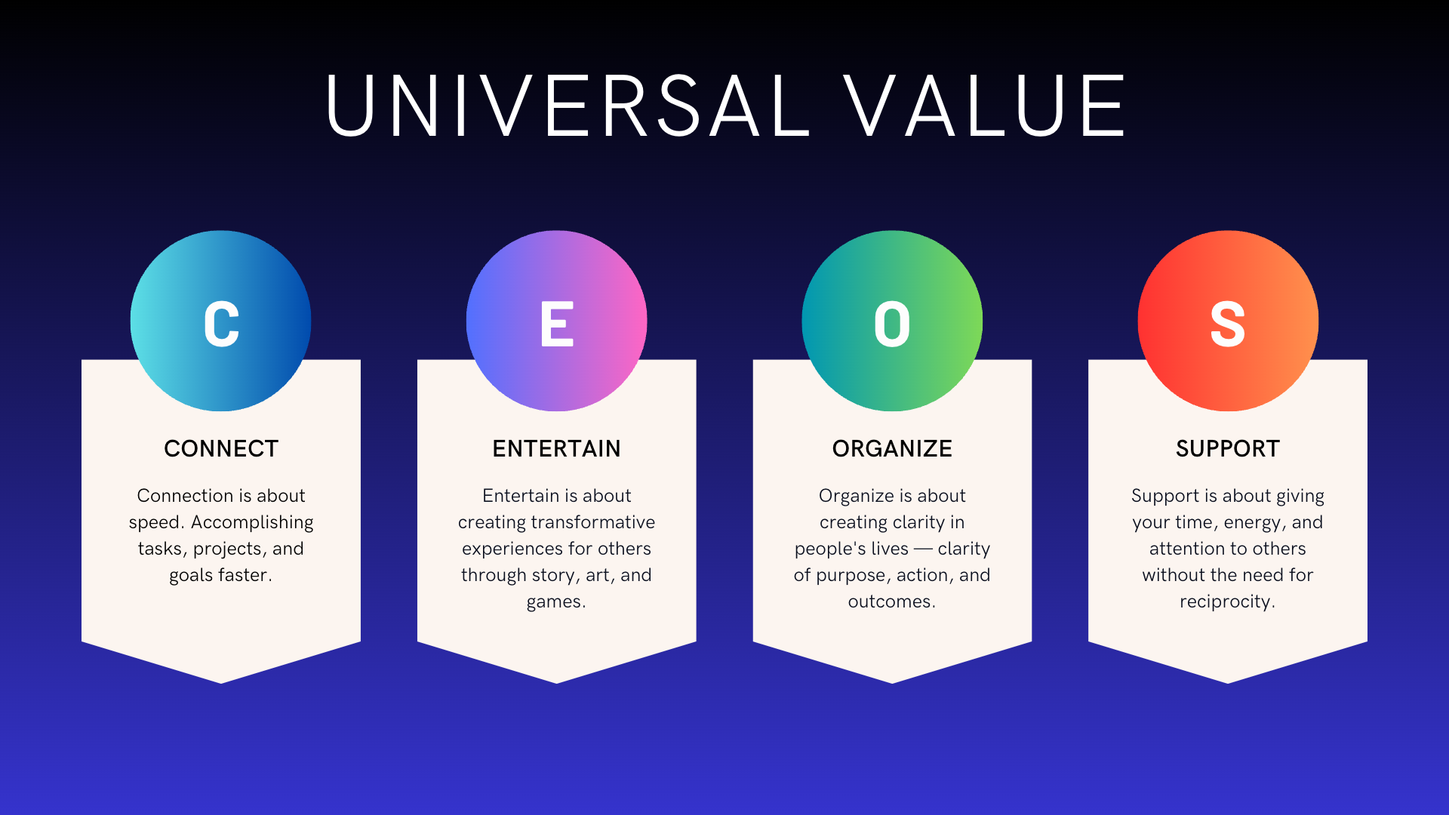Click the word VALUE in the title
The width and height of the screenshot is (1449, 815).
(984, 106)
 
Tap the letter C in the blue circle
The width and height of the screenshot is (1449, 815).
(221, 324)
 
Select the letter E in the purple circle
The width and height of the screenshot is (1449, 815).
(557, 324)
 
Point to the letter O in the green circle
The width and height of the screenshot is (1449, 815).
(892, 324)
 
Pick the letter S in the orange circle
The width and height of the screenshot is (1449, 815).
(1228, 324)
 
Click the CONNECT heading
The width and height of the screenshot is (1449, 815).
(221, 449)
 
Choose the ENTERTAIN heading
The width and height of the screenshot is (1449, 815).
(556, 449)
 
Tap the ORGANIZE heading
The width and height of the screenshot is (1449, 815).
(892, 449)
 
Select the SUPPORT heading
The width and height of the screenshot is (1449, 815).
(1228, 449)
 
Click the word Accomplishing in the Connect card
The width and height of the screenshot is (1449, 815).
(252, 523)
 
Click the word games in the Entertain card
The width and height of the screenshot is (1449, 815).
(554, 602)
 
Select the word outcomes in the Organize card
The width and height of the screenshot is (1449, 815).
(890, 601)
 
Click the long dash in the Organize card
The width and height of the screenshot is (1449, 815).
(923, 549)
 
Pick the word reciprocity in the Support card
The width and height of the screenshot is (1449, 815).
(1226, 602)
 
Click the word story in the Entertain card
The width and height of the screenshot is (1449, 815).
(555, 576)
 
